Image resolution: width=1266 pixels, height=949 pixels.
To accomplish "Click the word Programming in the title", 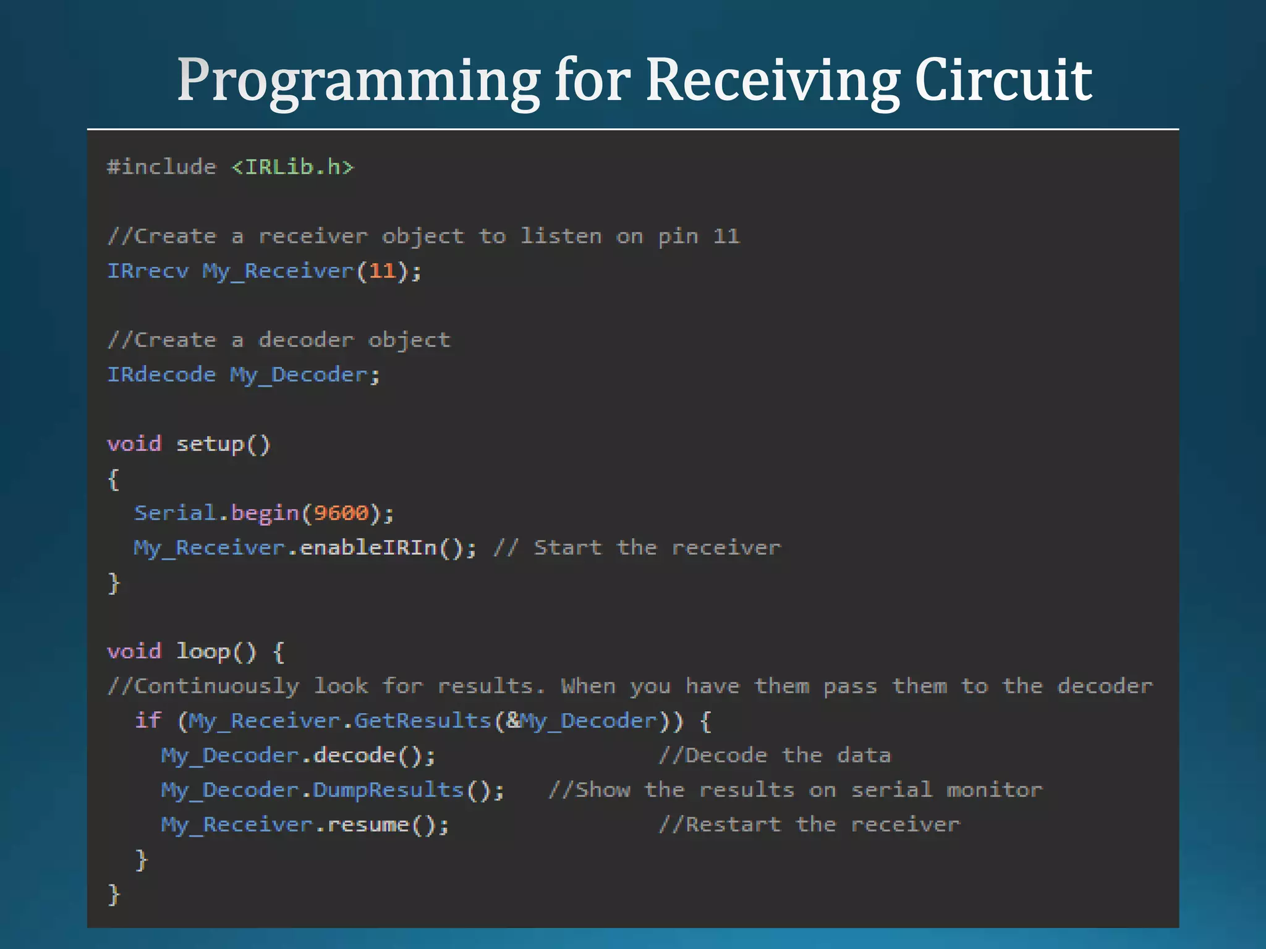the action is coord(359,80).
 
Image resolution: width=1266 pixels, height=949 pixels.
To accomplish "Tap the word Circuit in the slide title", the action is coord(1003,80).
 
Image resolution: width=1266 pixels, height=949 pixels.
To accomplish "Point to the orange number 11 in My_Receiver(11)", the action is coord(382,271).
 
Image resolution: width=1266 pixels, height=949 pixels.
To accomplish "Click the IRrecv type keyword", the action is coord(148,271).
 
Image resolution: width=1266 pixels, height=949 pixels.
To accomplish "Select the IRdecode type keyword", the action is coord(161,374).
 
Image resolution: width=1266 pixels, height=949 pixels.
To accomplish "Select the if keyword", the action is coord(148,720).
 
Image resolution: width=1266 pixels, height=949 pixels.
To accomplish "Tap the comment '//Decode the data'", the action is coord(775,755).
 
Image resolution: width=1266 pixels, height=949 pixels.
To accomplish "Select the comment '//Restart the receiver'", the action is coord(809,824).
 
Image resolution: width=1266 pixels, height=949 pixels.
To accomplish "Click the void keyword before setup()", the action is coord(134,444).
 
